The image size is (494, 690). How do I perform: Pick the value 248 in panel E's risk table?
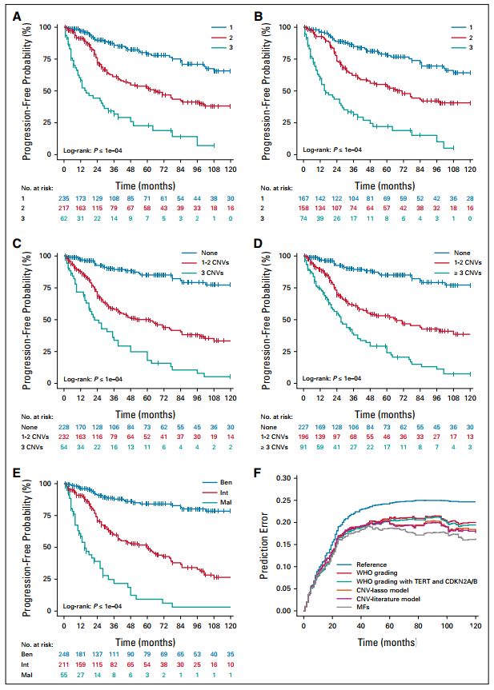(64, 653)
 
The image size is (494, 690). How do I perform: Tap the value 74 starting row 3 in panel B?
(306, 217)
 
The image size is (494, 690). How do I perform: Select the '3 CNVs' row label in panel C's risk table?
(34, 446)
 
